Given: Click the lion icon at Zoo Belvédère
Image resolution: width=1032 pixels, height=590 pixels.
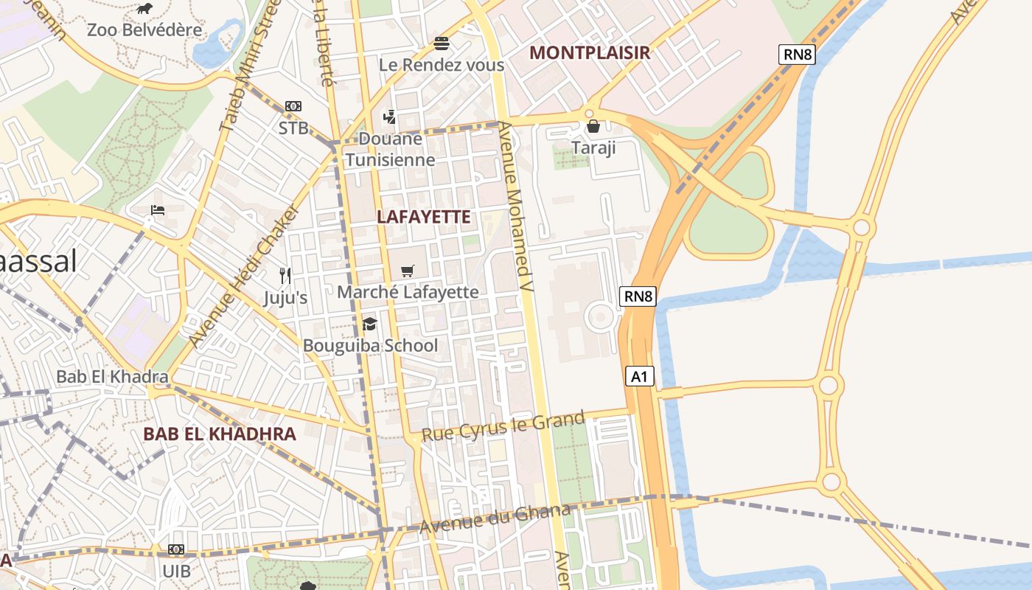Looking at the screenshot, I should [x=145, y=9].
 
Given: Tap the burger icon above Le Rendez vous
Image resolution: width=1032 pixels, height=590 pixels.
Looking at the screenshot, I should [x=442, y=43].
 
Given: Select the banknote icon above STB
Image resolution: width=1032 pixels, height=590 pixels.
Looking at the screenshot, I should [x=293, y=106].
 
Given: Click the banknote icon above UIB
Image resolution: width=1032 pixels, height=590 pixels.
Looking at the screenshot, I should [x=175, y=549].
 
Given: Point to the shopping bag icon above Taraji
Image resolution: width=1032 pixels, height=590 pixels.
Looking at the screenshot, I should [x=593, y=126].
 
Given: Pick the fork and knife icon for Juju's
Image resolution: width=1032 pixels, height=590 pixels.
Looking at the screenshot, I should [x=285, y=276].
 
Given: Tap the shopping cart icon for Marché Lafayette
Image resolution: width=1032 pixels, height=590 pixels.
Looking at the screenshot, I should [x=408, y=271].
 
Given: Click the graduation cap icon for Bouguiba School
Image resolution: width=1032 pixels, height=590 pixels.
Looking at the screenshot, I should [x=369, y=324].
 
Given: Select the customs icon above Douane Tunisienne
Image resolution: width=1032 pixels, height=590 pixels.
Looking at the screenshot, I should [x=390, y=117].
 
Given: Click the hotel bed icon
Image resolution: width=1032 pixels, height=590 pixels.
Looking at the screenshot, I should [x=158, y=210].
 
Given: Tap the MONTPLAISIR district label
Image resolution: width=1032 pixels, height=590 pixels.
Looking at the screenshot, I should [x=590, y=52].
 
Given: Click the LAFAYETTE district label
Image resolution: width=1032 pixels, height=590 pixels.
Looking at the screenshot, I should [x=423, y=217].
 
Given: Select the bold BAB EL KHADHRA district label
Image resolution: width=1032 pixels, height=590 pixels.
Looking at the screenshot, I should [x=220, y=434].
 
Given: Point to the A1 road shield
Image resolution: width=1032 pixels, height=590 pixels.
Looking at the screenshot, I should [x=639, y=377].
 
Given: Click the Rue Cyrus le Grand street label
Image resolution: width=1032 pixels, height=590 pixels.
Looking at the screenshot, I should [x=503, y=426].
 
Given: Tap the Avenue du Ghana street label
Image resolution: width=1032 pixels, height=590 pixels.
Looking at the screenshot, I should [x=495, y=518].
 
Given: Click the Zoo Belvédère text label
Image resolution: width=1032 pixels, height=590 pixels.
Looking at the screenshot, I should [x=144, y=30].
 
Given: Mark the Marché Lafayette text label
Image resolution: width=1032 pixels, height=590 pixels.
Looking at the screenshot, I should [x=408, y=292].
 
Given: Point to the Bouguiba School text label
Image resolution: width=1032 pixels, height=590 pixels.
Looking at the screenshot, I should [x=370, y=345].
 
